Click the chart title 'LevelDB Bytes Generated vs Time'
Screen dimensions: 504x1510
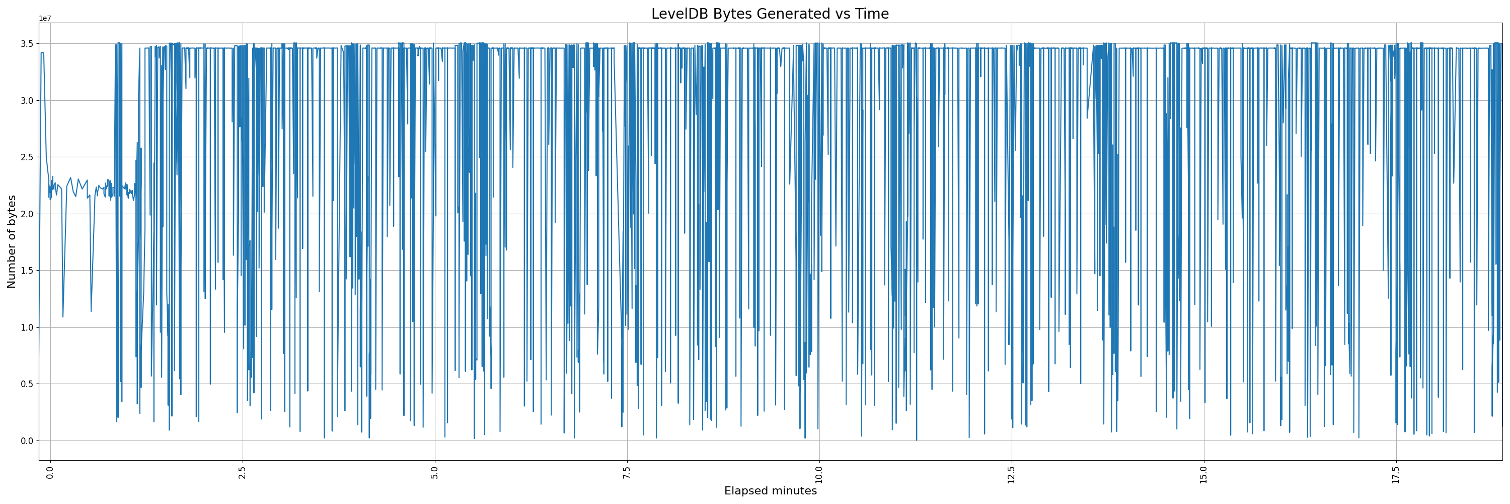click(770, 14)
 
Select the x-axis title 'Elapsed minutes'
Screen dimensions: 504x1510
click(770, 491)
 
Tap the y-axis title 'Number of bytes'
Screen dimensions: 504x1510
click(12, 242)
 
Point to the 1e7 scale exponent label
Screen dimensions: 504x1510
click(45, 18)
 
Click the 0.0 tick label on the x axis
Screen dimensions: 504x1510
click(50, 473)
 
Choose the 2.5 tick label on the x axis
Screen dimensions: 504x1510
click(243, 473)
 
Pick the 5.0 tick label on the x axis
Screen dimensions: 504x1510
click(435, 473)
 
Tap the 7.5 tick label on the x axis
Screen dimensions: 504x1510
click(627, 473)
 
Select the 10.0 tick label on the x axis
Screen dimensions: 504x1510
click(819, 475)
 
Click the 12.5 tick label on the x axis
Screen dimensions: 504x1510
click(1012, 475)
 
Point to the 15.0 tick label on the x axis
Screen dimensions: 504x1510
click(1204, 475)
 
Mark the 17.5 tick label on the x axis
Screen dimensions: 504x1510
click(1396, 475)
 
